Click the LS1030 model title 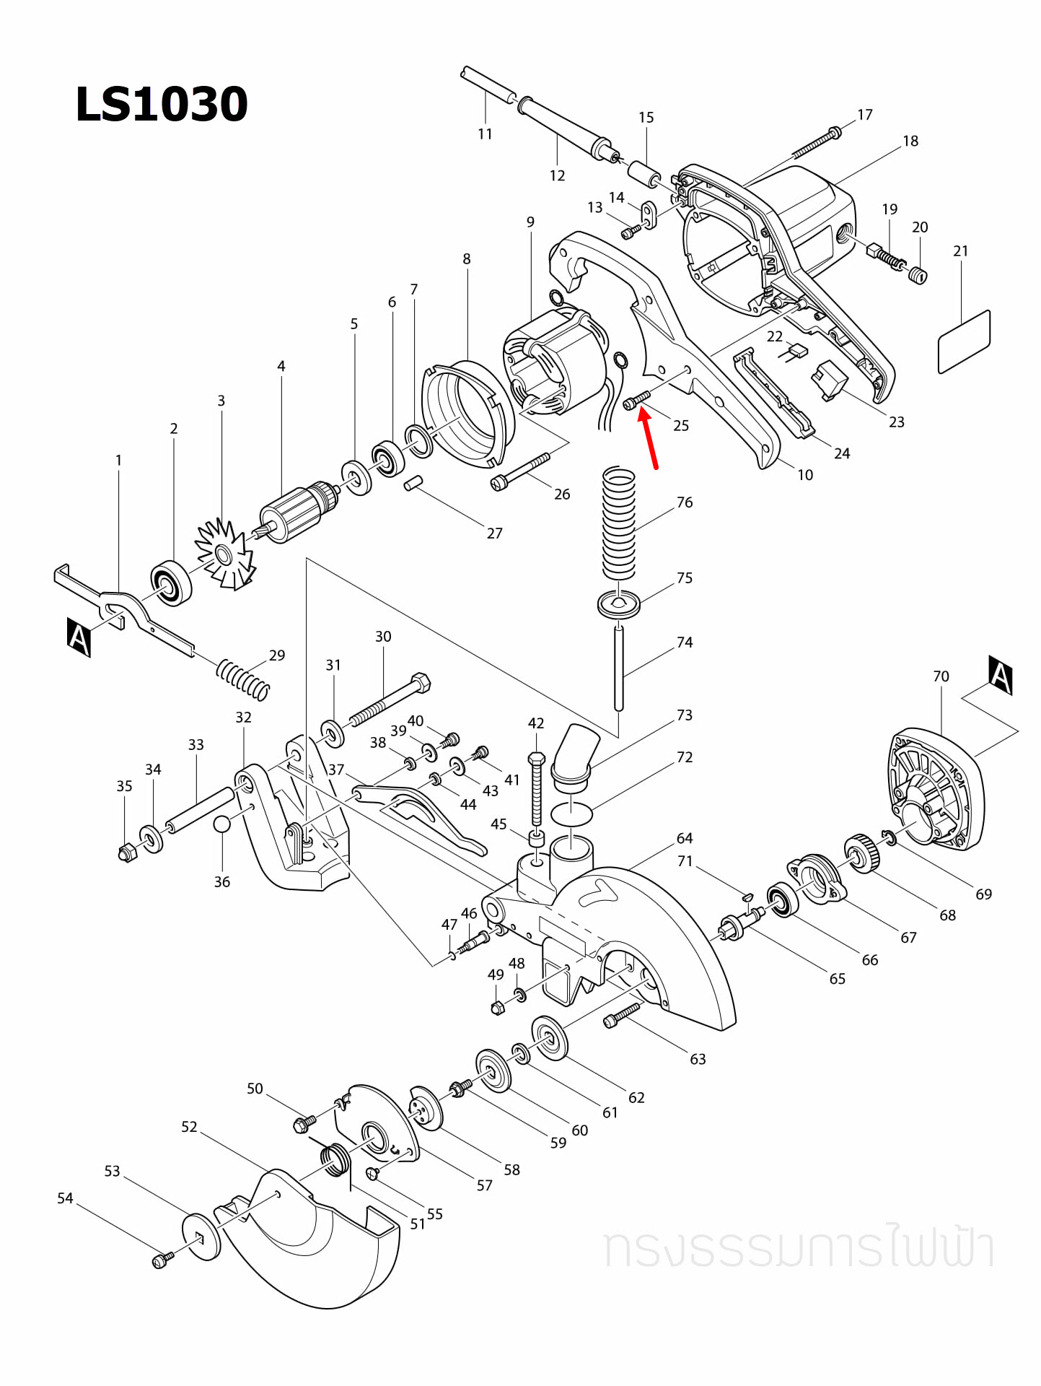[x=162, y=105]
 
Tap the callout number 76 [x=685, y=502]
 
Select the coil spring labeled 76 [x=619, y=523]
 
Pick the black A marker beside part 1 [x=79, y=637]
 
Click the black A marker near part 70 [x=1000, y=675]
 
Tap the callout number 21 [x=960, y=251]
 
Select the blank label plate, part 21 [x=964, y=342]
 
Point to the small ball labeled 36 [x=222, y=824]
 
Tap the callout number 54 [x=65, y=1198]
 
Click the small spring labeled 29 [x=243, y=679]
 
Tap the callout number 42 [x=535, y=723]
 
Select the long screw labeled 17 [x=815, y=144]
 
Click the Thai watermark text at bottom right [x=799, y=1247]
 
